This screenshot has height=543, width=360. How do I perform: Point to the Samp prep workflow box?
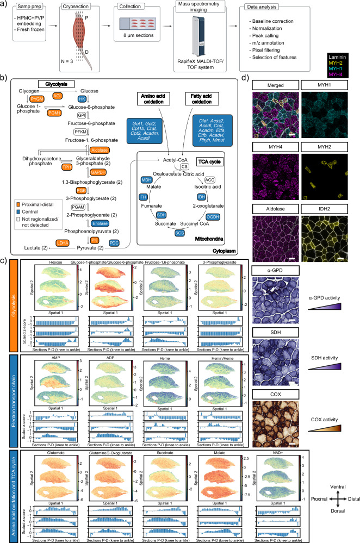22,6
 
